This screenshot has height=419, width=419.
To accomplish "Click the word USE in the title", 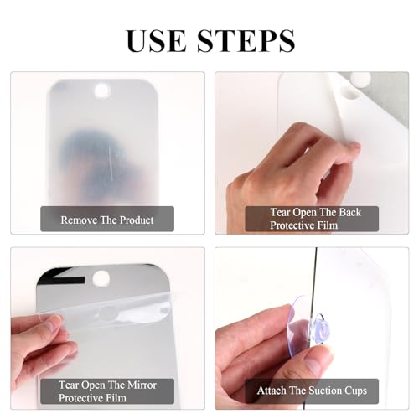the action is point(156,41).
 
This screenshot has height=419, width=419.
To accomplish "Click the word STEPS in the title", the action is point(246,41).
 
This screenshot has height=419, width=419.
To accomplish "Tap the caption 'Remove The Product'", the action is point(107,220).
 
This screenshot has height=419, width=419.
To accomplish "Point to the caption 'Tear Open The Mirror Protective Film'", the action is point(107,391).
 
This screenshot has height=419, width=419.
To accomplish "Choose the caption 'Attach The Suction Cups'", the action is point(312,391).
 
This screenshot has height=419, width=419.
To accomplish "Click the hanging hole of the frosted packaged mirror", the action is point(102,91).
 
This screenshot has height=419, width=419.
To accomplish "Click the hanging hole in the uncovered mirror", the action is point(101,278).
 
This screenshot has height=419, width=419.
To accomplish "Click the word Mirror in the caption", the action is point(141,385).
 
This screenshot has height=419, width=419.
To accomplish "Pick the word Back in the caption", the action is point(349,213).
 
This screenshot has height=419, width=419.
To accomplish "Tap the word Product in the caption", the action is point(137,220).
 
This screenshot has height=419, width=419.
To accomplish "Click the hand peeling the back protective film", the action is point(291,173).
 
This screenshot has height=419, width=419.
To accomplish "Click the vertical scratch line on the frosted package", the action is point(111,163).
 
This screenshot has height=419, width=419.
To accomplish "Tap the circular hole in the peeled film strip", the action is point(107,313).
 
